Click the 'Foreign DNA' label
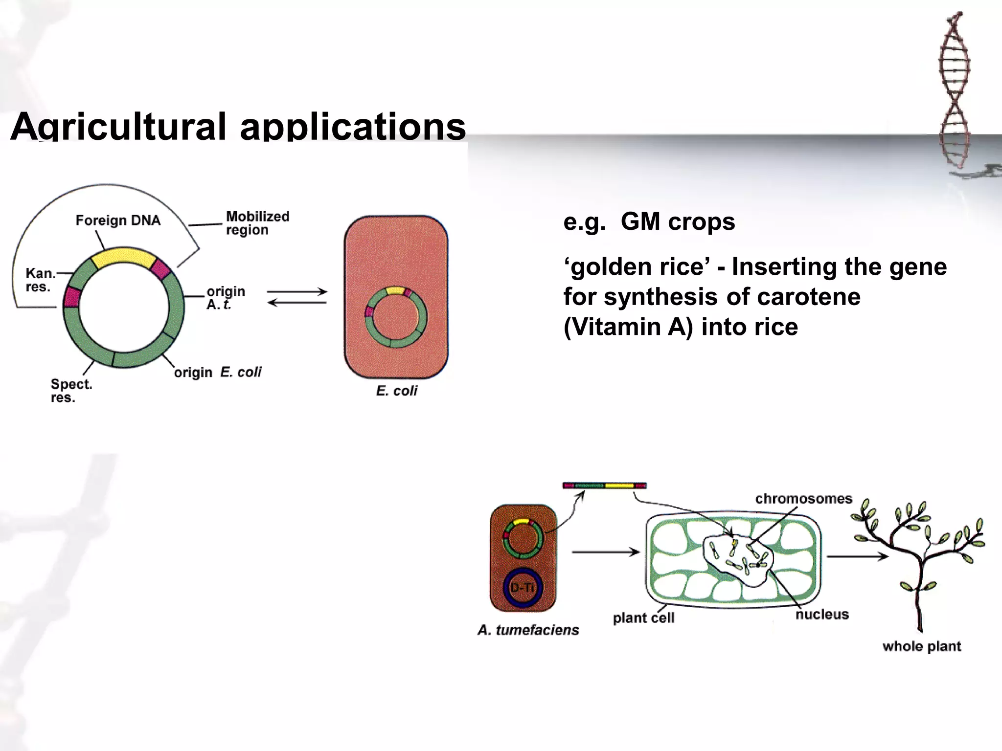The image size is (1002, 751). pos(118,221)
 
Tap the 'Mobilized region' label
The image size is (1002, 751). pos(257,223)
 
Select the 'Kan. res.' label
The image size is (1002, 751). pos(40,280)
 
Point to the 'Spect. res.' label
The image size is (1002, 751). pos(70,391)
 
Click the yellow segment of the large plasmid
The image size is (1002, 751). pos(123,258)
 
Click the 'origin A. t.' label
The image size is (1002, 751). pos(225,298)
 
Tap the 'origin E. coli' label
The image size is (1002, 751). pos(218,373)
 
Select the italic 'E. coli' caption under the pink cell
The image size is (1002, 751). pos(396,391)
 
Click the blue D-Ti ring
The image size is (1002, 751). pos(523,587)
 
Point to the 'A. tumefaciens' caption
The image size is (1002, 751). pos(528,630)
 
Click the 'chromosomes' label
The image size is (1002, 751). pos(803,499)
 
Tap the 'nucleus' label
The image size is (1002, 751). pos(821,615)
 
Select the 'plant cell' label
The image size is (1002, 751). pos(643,618)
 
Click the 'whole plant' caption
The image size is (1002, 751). pos(921,646)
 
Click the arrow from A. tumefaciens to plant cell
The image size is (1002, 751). pos(606,552)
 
